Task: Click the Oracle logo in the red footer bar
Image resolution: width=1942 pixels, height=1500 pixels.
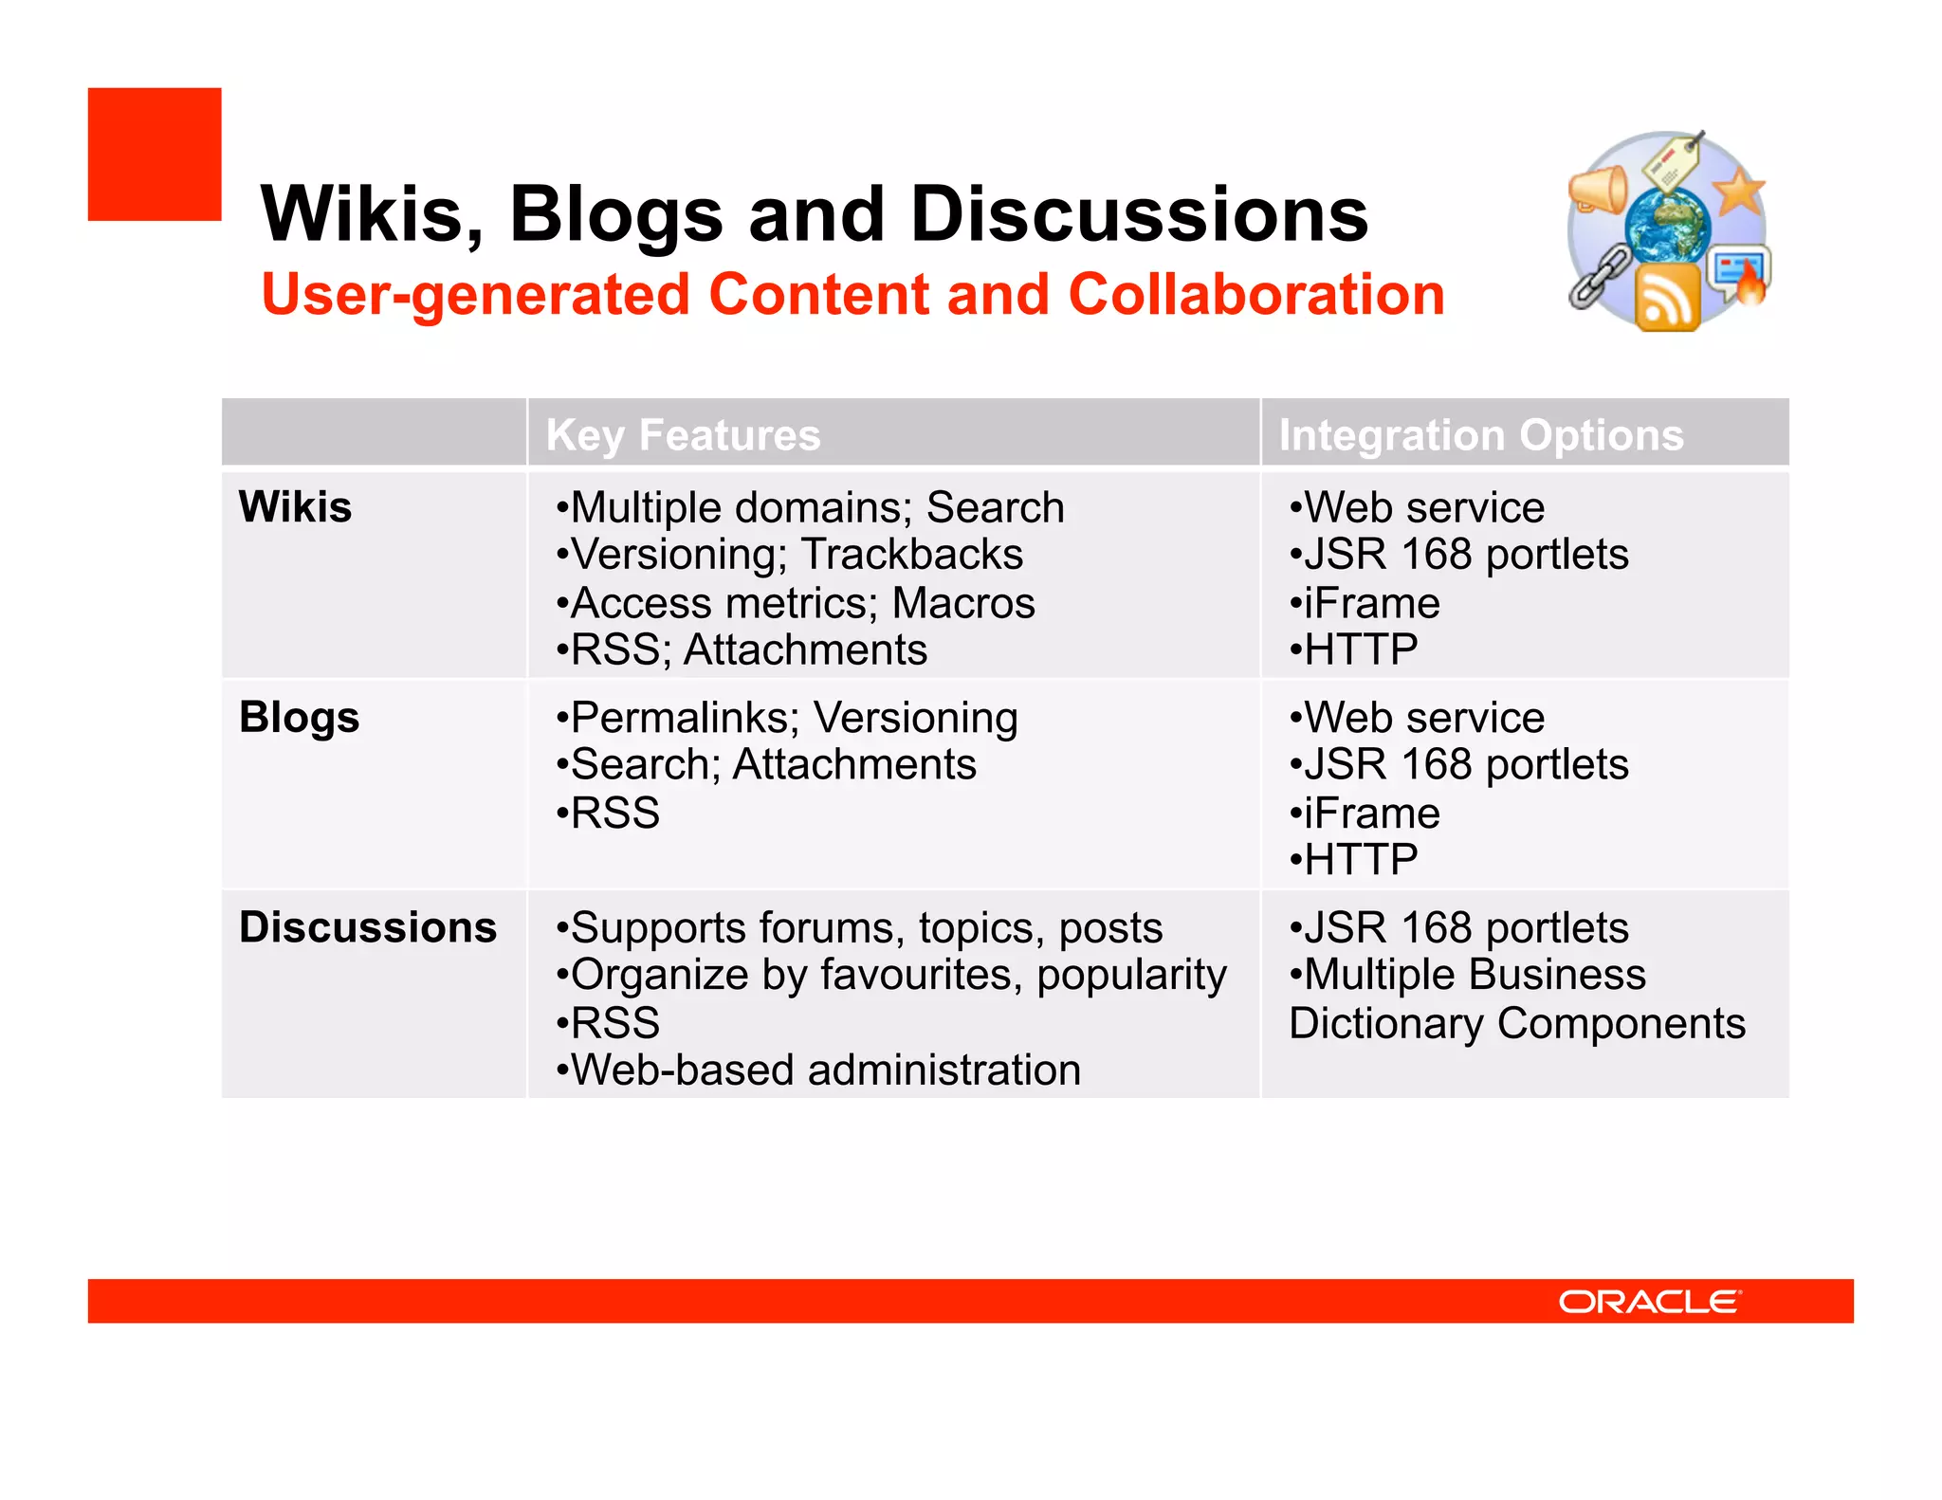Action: click(1649, 1301)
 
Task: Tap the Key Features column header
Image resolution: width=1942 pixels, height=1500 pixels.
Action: click(683, 435)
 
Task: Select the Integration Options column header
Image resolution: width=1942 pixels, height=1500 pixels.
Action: click(1480, 435)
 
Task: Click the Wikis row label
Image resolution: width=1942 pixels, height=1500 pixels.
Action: click(295, 506)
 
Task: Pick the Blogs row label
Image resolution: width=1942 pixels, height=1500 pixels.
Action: click(299, 717)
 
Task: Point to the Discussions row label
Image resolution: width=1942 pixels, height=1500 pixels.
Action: click(368, 927)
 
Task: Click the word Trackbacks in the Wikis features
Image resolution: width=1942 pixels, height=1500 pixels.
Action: click(912, 555)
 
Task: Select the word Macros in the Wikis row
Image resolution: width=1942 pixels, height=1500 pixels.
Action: click(963, 603)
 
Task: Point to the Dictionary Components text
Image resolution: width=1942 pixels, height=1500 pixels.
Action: click(1517, 1024)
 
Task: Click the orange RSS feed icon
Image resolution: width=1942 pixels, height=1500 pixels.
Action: click(1667, 299)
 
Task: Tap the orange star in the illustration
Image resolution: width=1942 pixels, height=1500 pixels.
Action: click(1739, 192)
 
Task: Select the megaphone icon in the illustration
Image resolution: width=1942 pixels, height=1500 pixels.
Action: click(1598, 188)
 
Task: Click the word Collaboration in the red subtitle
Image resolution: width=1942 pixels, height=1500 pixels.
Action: click(1255, 295)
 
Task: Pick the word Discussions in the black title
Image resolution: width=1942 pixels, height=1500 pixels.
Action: click(1139, 214)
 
